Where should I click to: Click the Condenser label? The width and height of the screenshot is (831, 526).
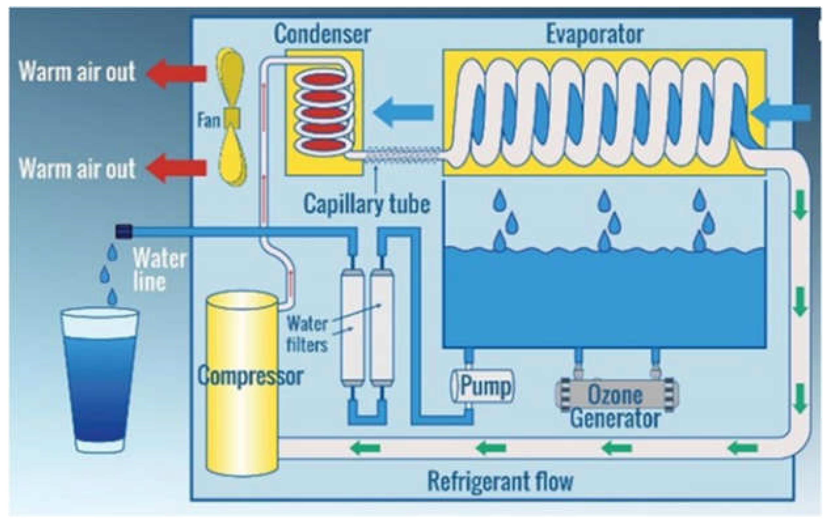322,34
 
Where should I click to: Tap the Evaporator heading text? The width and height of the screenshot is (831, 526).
594,34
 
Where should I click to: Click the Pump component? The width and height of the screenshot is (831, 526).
482,386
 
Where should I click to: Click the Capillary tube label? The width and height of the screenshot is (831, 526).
366,204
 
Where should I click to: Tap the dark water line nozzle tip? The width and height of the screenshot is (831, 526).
124,231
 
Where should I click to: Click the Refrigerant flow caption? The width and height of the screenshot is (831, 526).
500,481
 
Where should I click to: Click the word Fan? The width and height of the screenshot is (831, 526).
209,120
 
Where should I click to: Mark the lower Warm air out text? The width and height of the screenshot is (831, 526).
77,168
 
